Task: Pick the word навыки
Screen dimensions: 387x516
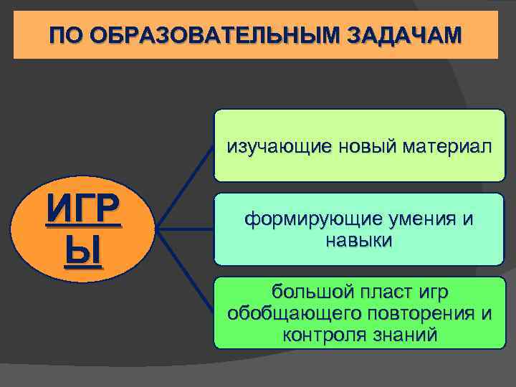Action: [359, 240]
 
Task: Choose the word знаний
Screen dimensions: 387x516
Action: [407, 334]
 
